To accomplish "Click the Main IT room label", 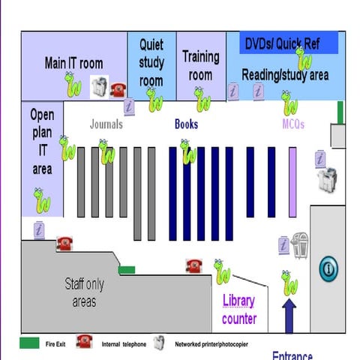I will [x=73, y=63].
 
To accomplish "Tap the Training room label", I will [x=200, y=64].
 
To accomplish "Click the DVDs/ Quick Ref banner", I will [x=282, y=44].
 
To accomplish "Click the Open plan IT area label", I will [x=42, y=142].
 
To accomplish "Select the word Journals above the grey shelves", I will [x=106, y=124].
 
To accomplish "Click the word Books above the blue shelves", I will [x=186, y=124].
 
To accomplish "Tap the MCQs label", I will [x=293, y=124].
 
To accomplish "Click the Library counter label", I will [x=239, y=310].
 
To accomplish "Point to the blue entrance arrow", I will [x=289, y=315].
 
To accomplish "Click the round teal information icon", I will [x=329, y=268].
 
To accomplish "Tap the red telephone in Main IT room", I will [x=118, y=90].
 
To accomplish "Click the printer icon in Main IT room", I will [x=99, y=86].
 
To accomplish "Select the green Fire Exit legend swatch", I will [x=30, y=343].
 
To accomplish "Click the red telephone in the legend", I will [x=83, y=343].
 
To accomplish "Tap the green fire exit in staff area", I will [x=127, y=270].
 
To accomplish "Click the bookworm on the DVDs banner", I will [x=304, y=57].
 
